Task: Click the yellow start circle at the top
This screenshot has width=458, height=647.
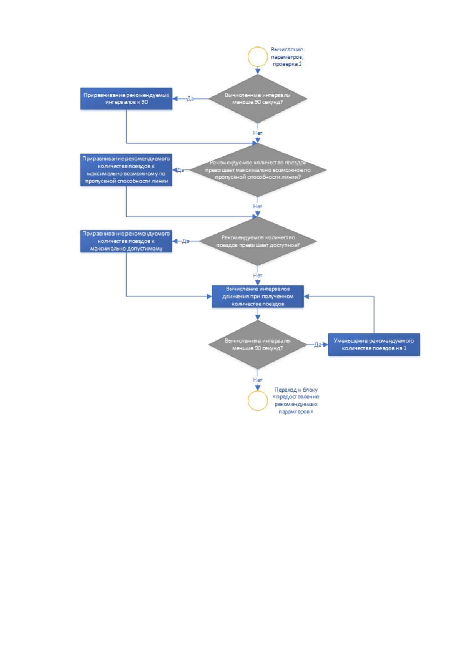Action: click(258, 47)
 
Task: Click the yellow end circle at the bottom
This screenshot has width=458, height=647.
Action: click(258, 392)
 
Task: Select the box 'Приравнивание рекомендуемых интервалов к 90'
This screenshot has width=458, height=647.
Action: click(127, 98)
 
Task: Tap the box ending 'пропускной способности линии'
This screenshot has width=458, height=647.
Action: click(127, 170)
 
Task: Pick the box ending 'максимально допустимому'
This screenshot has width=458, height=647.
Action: click(127, 241)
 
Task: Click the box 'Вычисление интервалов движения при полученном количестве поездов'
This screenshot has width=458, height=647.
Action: click(258, 296)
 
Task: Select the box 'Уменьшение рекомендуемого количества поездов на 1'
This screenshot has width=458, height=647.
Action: click(374, 345)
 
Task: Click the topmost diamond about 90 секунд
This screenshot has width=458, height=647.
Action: click(258, 98)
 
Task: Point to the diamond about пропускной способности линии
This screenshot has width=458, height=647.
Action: click(258, 170)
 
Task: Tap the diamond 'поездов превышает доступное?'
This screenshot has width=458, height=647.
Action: click(258, 241)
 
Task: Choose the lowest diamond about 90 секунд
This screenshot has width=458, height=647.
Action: click(258, 345)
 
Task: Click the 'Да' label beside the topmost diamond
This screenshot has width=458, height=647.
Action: click(190, 98)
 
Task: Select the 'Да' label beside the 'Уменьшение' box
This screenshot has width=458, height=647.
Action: click(318, 345)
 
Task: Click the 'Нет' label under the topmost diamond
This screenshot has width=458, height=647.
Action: click(258, 133)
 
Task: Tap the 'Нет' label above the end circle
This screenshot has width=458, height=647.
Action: click(258, 380)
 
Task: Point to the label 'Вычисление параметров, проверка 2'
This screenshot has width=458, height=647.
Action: click(287, 57)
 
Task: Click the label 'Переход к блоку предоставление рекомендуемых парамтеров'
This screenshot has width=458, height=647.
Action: click(296, 401)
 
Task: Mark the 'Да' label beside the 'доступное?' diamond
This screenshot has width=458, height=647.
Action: click(186, 241)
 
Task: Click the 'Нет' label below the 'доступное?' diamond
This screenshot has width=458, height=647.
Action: click(258, 275)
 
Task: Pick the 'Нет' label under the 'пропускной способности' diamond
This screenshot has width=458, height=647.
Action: click(258, 206)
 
